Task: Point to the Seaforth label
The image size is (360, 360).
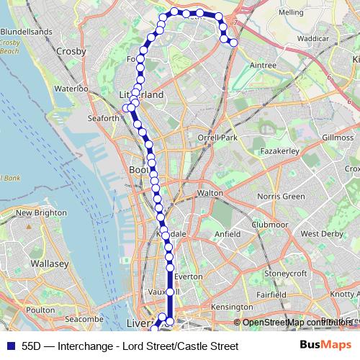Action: click(x=102, y=118)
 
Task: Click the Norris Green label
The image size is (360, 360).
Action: click(x=277, y=197)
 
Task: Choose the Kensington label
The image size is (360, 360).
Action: click(x=231, y=307)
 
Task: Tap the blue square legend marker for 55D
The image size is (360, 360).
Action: click(x=9, y=346)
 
